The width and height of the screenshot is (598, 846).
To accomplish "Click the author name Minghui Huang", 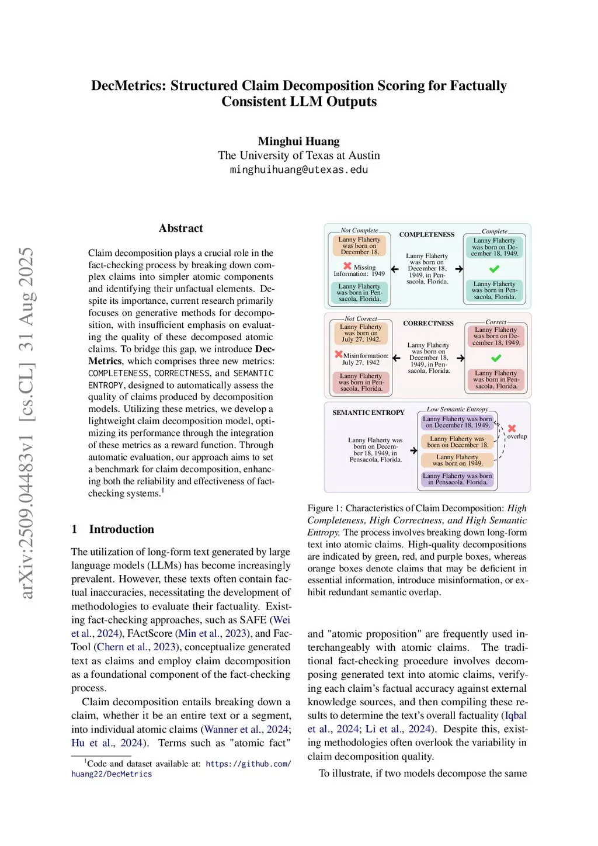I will tap(298, 141).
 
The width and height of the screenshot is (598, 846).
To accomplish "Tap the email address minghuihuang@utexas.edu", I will tap(298, 169).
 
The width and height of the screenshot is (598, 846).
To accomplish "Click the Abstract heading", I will tap(180, 228).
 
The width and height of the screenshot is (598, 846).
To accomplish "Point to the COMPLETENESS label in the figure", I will tap(426, 235).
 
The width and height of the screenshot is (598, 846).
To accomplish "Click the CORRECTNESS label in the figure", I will tap(428, 323).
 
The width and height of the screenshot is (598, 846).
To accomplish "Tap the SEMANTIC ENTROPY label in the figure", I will tap(368, 412).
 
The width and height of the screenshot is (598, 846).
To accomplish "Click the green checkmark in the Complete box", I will tap(494, 269).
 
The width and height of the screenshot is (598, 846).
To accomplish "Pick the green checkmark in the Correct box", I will tap(496, 358).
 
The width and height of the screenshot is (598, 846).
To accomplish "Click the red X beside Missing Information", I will tap(347, 266).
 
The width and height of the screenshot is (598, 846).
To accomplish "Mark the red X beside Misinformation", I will tap(338, 354).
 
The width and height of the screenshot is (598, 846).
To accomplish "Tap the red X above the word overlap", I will tap(512, 428).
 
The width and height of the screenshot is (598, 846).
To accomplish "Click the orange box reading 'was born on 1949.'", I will tap(457, 460).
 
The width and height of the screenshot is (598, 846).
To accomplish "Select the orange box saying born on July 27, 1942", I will tap(360, 333).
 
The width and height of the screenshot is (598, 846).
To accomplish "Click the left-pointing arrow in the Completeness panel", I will tap(395, 269).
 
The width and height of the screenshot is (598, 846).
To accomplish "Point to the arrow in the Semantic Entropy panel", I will tap(413, 450).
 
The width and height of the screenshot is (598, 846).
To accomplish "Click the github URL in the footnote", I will tap(248, 764).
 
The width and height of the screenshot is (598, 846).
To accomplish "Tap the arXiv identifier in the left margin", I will tap(26, 423).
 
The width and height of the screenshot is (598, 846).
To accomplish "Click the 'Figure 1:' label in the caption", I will tap(325, 508).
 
